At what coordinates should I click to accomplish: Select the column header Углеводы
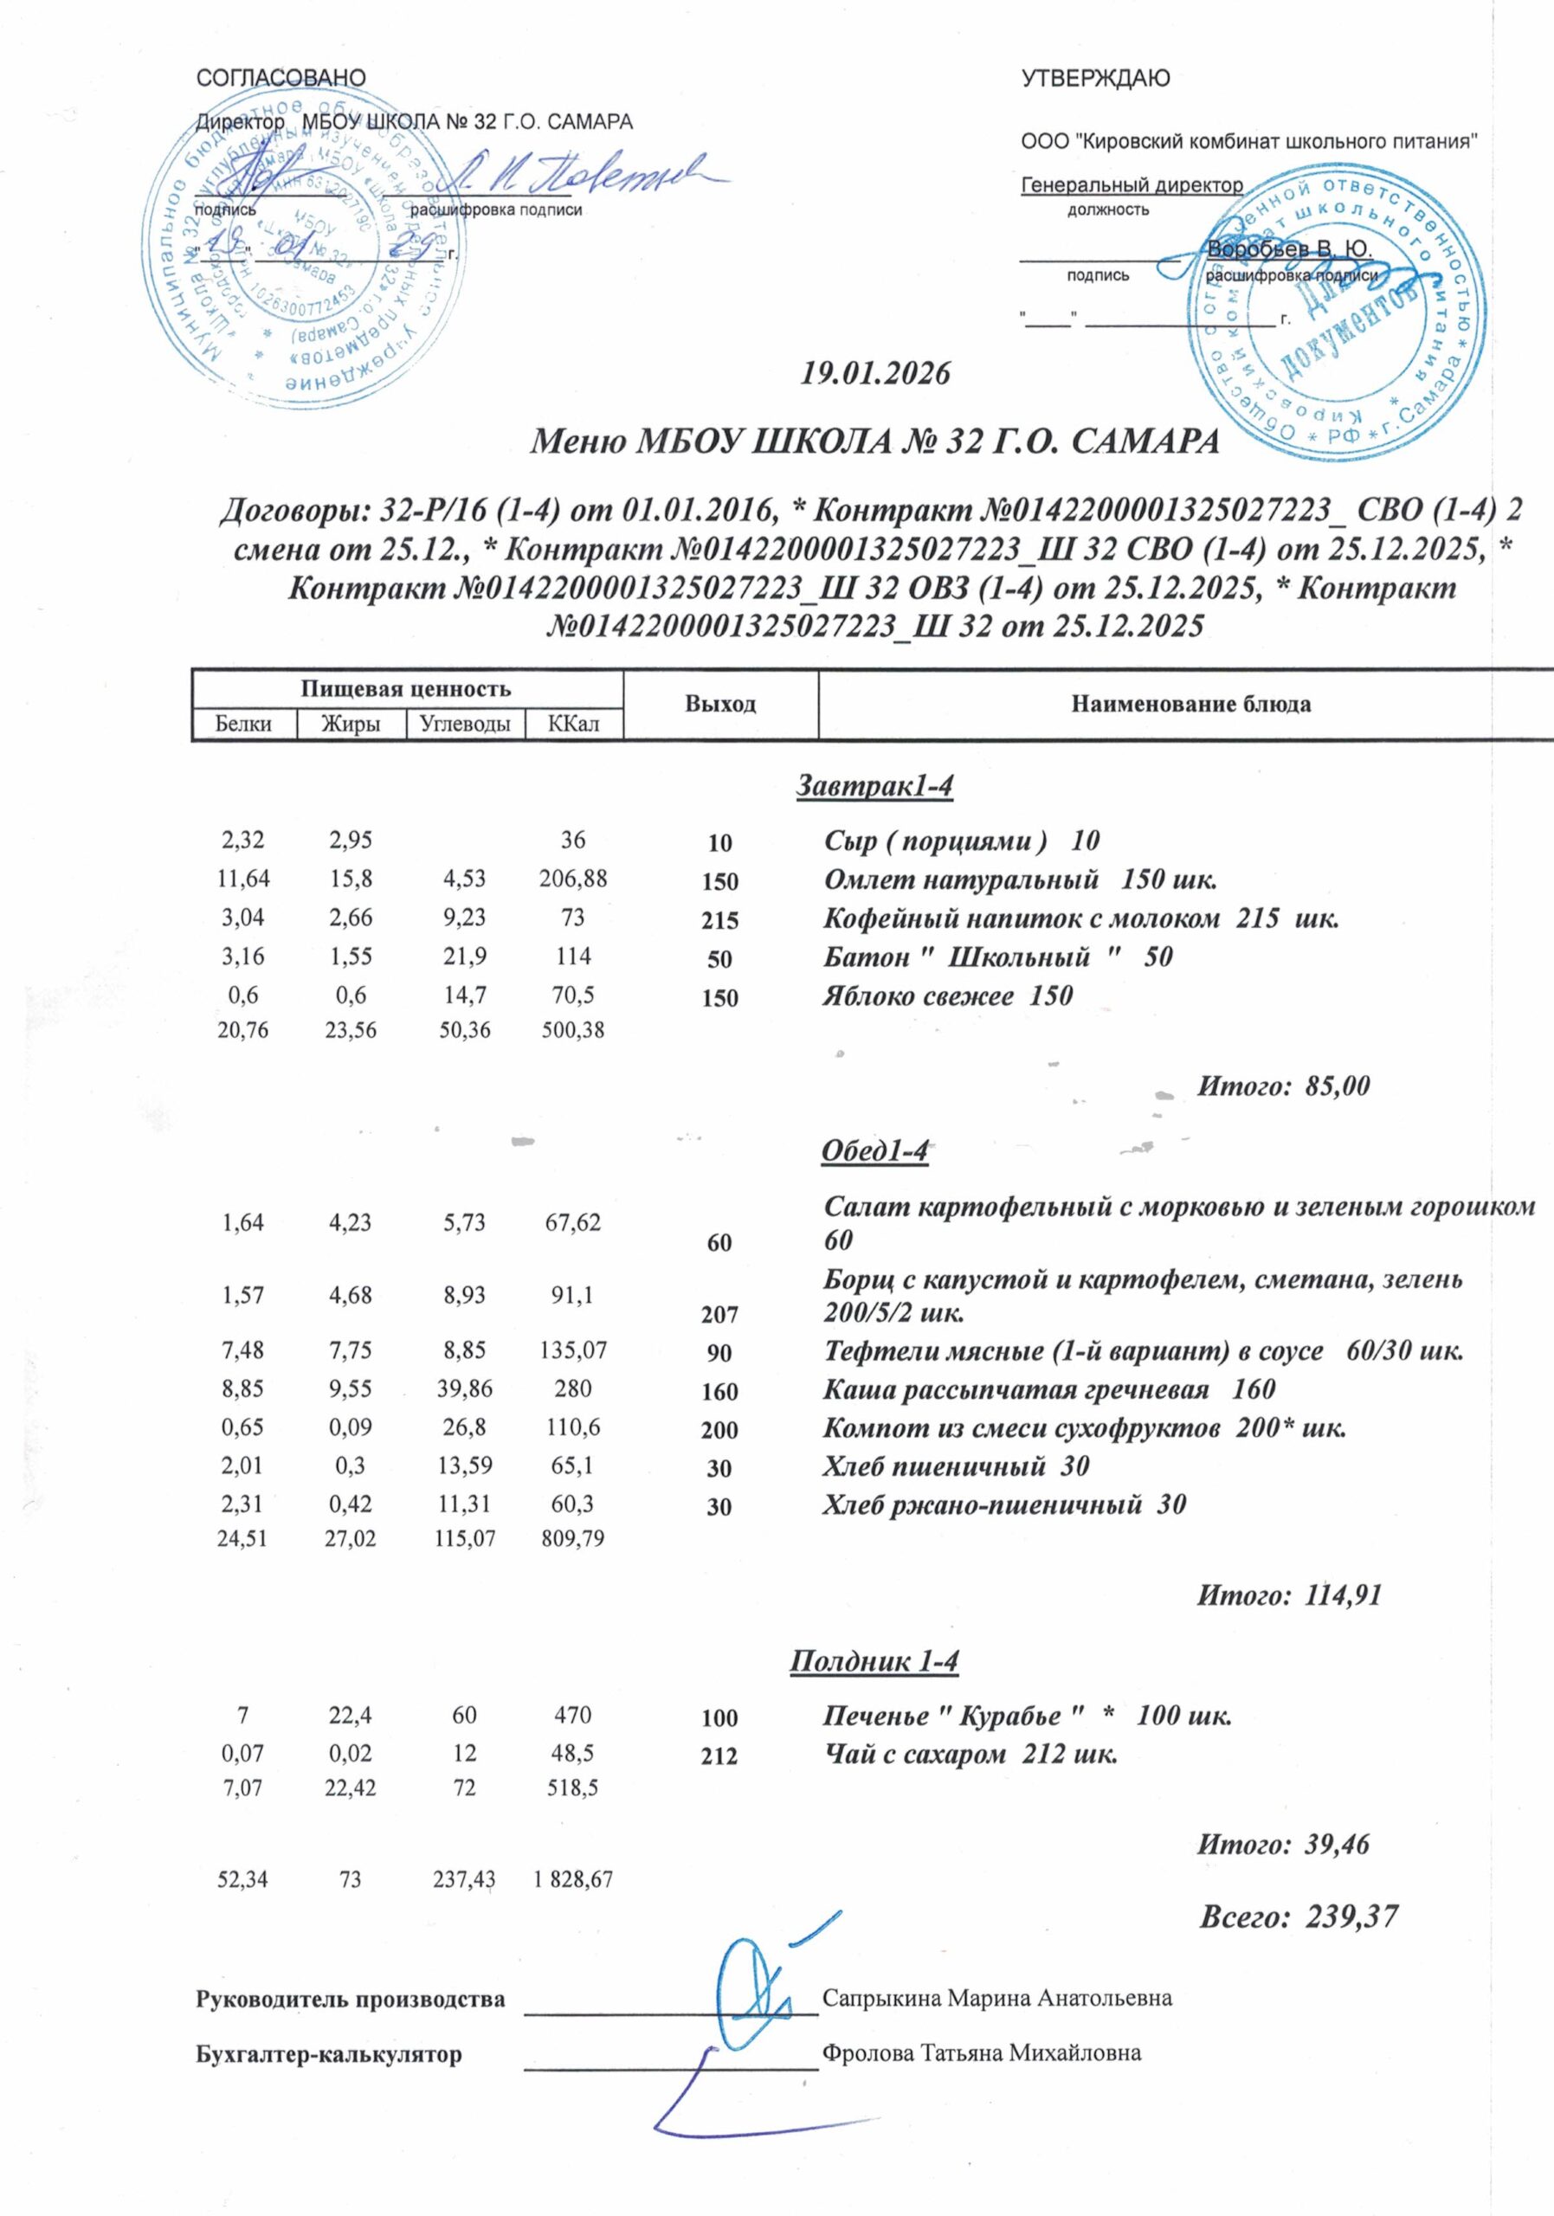(x=465, y=724)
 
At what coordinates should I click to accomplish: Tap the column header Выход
(x=720, y=705)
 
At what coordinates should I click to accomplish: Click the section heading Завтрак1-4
(x=874, y=787)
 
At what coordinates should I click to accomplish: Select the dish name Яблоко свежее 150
(x=947, y=995)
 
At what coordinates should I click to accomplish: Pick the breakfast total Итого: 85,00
(x=1283, y=1085)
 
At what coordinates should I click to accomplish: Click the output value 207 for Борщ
(x=720, y=1313)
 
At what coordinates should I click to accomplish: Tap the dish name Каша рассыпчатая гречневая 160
(x=1048, y=1388)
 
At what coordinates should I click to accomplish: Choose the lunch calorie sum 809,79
(x=572, y=1537)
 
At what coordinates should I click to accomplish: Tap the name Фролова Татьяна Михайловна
(x=981, y=2053)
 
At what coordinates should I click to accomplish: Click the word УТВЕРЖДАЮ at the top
(x=1095, y=79)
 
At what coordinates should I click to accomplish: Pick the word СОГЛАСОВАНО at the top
(x=280, y=77)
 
